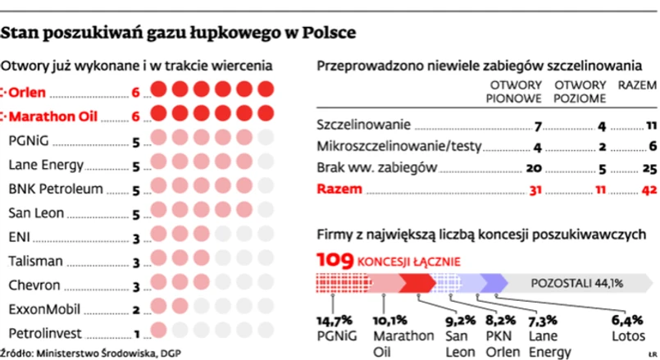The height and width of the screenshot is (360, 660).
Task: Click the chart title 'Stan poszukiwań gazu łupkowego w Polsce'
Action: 179,34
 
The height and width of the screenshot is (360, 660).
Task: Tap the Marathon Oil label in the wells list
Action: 51,116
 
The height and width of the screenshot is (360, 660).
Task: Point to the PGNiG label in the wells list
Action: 30,140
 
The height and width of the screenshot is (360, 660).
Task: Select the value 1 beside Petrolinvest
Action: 135,335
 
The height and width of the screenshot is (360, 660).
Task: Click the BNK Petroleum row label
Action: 56,189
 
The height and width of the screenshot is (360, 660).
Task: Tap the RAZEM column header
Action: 637,84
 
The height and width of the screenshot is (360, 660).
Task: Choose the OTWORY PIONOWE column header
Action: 515,91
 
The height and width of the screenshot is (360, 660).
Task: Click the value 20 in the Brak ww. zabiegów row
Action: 533,169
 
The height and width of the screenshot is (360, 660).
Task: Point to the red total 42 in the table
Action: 648,190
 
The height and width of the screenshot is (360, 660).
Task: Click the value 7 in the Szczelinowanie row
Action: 537,127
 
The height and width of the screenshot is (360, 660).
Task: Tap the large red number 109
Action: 336,262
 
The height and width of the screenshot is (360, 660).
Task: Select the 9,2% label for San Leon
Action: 460,320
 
